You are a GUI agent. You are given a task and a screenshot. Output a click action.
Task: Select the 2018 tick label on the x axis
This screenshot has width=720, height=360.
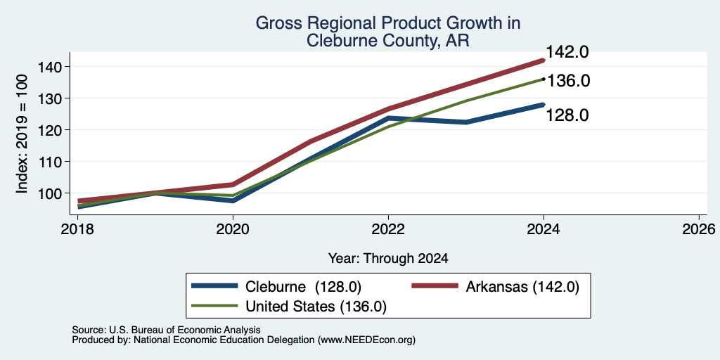click(x=77, y=229)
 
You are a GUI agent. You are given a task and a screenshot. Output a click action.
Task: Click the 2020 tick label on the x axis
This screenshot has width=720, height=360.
click(x=233, y=229)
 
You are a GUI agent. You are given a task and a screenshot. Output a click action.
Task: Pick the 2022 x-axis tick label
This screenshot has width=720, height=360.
click(x=388, y=229)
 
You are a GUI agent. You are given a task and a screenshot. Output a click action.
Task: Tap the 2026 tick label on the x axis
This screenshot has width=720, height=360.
click(x=700, y=229)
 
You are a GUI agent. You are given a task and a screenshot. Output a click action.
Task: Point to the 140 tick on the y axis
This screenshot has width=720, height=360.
click(x=49, y=67)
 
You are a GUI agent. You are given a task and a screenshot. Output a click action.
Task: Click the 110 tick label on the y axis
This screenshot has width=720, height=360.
click(x=49, y=162)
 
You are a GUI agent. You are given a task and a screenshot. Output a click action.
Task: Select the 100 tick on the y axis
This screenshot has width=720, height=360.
click(x=49, y=193)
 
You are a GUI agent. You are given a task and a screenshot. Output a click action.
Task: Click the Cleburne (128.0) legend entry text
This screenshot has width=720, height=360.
click(x=304, y=287)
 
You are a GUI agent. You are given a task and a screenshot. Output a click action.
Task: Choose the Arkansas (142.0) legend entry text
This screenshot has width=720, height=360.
click(x=522, y=287)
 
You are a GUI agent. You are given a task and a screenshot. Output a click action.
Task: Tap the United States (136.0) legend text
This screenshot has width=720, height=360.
click(x=316, y=307)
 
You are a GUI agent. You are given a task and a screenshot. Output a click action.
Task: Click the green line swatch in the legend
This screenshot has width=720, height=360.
click(x=214, y=306)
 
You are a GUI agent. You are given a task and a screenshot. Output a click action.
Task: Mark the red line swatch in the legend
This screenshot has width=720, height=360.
click(x=435, y=286)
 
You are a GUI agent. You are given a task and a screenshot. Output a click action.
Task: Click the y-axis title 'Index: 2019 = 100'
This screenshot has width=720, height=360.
click(x=22, y=134)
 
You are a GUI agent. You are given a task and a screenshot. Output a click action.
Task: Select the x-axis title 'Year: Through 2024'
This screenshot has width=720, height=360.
click(x=388, y=259)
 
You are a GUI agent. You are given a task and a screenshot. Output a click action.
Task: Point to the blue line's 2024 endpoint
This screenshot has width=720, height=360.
click(x=543, y=105)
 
